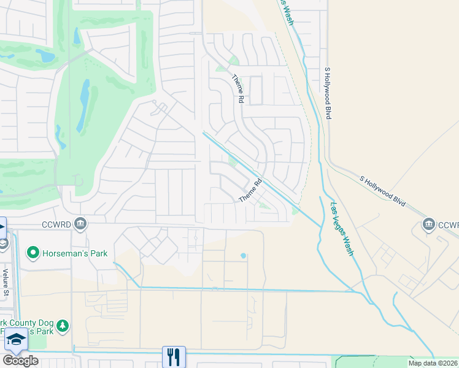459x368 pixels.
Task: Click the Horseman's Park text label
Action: [75, 253]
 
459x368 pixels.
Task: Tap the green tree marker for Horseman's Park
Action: [33, 253]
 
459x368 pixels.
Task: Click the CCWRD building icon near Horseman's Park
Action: [80, 223]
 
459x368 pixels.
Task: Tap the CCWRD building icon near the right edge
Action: [428, 224]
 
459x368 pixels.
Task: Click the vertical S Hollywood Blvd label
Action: [328, 93]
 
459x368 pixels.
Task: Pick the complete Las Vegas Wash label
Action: [342, 229]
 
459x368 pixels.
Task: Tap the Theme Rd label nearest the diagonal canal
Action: [250, 190]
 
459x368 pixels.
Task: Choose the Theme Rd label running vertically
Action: [237, 88]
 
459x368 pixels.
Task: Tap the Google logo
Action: [20, 361]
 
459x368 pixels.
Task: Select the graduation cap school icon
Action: [17, 339]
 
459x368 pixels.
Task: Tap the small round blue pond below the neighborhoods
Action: [244, 255]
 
